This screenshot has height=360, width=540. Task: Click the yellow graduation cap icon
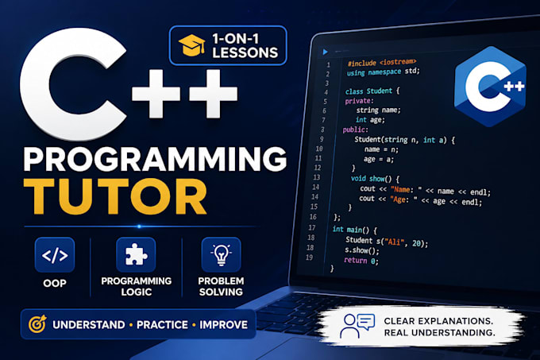[192, 45]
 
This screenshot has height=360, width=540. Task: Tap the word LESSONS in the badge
[245, 52]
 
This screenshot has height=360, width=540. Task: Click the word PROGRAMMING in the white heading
[155, 159]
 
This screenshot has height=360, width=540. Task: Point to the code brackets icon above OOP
[55, 255]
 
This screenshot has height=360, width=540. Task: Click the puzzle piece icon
[136, 254]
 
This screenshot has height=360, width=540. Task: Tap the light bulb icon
[221, 254]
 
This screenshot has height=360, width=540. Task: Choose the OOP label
[55, 283]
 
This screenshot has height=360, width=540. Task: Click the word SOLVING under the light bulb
[221, 292]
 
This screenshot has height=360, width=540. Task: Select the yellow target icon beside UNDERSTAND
[37, 323]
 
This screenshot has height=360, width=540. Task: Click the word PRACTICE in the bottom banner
[162, 324]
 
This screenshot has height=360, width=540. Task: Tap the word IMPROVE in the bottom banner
[223, 324]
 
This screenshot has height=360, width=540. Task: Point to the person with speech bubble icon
[357, 326]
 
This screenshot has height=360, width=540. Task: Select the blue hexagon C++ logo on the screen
[490, 87]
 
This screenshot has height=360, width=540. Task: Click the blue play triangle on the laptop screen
[325, 52]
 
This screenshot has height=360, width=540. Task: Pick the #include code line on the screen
[382, 62]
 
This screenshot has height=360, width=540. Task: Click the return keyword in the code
[356, 260]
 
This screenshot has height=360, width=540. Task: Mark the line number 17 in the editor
[311, 227]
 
